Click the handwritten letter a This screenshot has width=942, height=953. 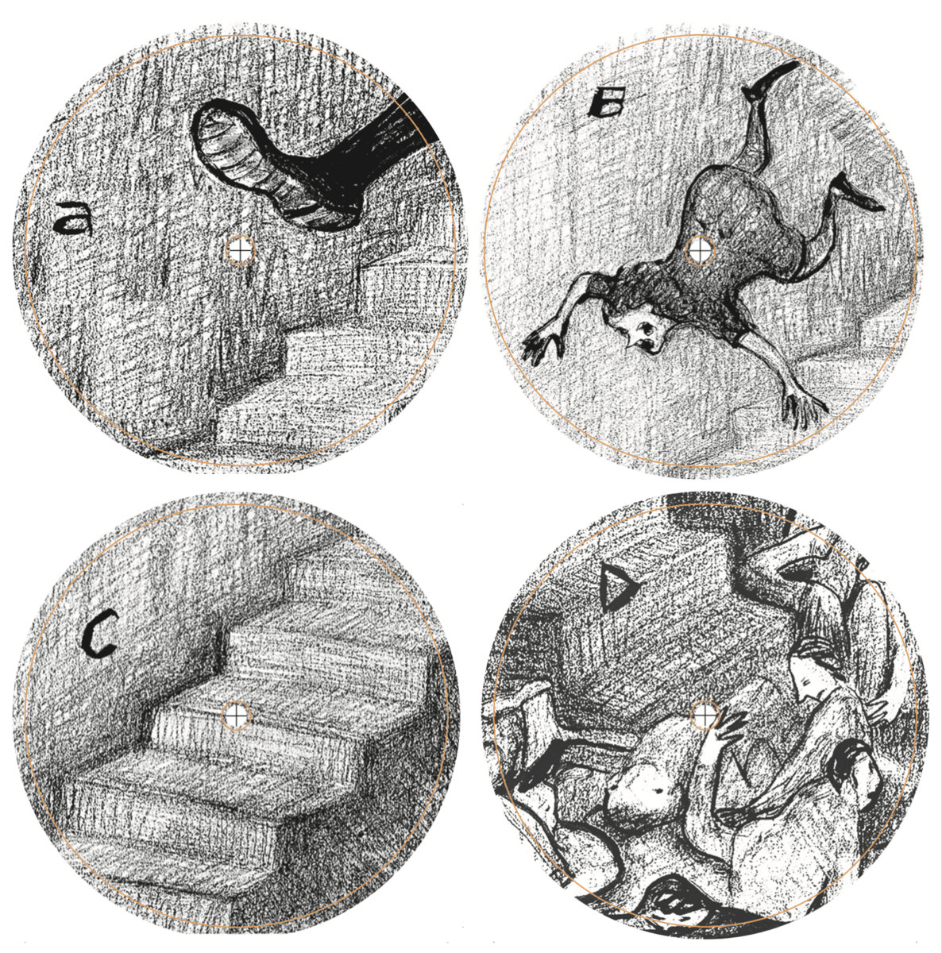click(x=73, y=218)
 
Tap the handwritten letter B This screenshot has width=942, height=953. click(x=604, y=105)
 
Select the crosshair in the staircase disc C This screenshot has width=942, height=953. click(x=237, y=714)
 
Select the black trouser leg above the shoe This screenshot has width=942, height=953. click(x=376, y=149)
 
